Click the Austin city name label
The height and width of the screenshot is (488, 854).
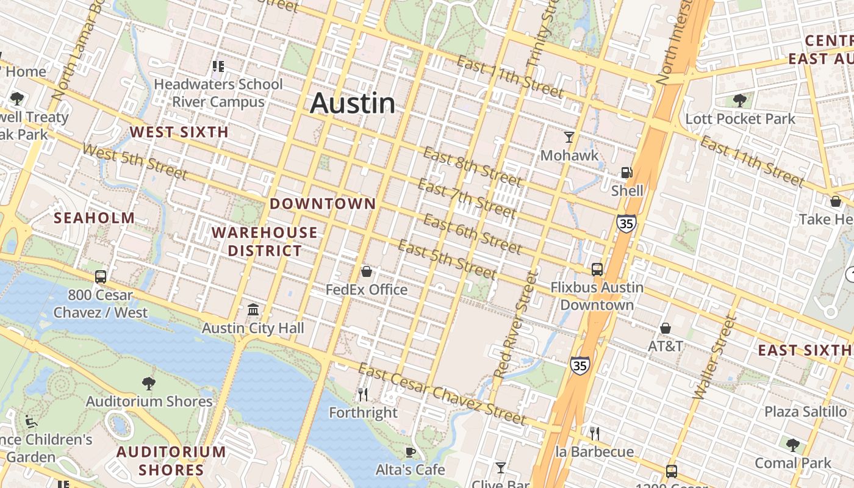tap(353, 103)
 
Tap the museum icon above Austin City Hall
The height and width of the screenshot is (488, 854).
tap(253, 310)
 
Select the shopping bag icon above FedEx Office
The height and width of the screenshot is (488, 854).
tap(367, 271)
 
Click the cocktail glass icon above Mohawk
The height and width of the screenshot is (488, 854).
tap(569, 137)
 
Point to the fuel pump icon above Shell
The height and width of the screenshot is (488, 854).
tap(626, 173)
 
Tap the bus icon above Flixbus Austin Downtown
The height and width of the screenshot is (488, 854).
tap(597, 269)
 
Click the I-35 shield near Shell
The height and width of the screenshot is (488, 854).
tap(626, 223)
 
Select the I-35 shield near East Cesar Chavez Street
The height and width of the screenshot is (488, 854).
tap(580, 365)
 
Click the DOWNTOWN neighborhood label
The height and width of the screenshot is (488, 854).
tap(323, 204)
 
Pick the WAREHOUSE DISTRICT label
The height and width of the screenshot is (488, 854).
tap(265, 242)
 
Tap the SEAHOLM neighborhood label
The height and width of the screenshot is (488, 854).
tap(95, 218)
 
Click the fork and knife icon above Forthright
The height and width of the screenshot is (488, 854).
tap(363, 395)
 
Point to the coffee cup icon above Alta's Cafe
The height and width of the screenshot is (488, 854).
tap(411, 452)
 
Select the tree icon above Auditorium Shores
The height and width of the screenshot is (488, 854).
tap(148, 383)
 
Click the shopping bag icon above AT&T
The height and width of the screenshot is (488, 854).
tap(666, 328)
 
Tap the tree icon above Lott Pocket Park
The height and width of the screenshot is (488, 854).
tap(740, 100)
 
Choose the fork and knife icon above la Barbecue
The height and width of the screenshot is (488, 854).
tap(595, 434)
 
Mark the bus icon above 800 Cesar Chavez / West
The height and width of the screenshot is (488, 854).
tap(101, 277)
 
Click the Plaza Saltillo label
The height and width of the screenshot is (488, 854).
tap(805, 411)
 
